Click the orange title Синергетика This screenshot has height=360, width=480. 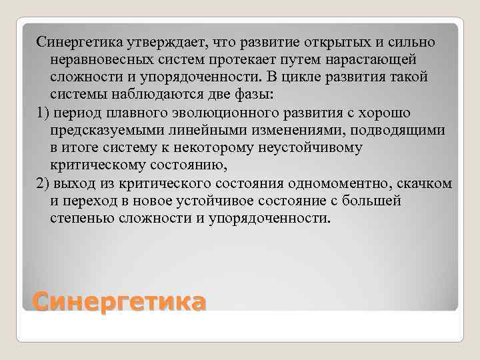[119, 302]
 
